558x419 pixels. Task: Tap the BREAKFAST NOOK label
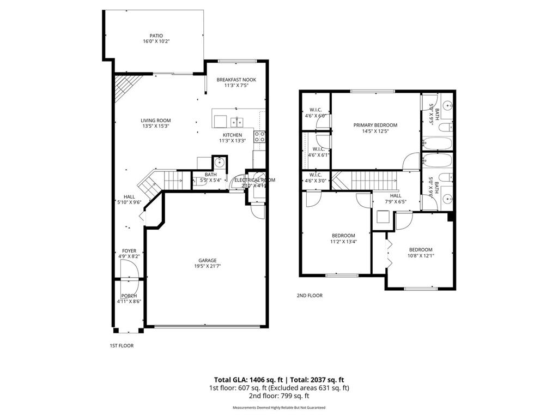236,80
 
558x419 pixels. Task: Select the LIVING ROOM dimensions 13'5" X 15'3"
156,126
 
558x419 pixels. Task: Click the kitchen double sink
236,121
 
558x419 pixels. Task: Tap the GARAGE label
207,260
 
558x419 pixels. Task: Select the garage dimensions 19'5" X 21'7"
207,266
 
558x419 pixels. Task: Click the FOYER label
129,251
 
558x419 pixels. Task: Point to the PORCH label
129,296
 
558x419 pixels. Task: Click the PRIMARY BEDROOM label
375,125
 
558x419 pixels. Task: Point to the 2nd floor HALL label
396,196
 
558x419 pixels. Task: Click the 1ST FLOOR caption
122,345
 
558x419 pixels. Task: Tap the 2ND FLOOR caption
310,296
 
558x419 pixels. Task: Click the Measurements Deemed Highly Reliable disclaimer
278,408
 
